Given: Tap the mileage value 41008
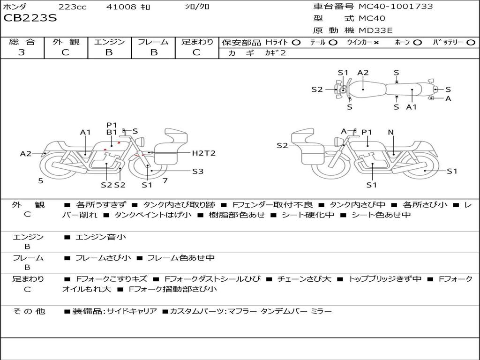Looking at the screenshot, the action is point(121,7).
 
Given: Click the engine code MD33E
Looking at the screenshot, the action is point(375,31).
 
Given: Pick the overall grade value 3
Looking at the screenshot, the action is point(22,52).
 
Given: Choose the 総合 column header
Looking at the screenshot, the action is point(22,42).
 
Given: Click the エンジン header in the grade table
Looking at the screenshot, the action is point(109,42).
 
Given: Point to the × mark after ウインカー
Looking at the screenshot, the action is point(376,42).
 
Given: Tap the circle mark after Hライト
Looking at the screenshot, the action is point(296,42).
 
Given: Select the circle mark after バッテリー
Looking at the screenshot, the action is point(471,42).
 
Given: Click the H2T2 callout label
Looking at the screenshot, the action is point(203,153).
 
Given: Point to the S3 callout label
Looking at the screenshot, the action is point(198,171).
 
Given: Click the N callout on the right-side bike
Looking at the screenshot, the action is point(390,132).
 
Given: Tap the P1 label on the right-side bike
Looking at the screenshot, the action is point(367,132).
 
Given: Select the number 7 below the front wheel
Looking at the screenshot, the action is point(165,180).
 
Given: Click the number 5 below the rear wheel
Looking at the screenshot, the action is point(41,180).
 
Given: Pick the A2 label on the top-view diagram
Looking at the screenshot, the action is point(363,73).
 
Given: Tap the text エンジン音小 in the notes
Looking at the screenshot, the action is point(101,237).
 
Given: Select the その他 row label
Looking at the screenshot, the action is point(29,311).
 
